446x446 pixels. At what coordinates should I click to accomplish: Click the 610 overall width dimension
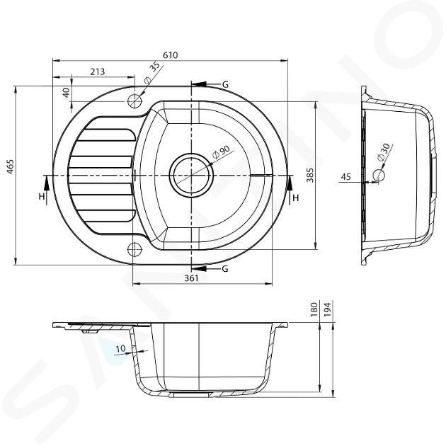(x=171, y=55)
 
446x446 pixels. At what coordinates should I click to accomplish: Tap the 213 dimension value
(x=98, y=72)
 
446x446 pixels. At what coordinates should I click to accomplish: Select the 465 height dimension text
(x=10, y=166)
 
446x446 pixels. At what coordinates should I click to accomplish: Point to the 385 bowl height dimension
(x=310, y=176)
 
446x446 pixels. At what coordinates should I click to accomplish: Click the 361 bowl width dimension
(x=191, y=278)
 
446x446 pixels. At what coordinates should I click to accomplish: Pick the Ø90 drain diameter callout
(x=221, y=152)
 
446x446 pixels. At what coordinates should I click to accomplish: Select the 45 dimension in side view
(x=346, y=177)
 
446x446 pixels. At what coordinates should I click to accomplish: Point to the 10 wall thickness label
(x=121, y=348)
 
